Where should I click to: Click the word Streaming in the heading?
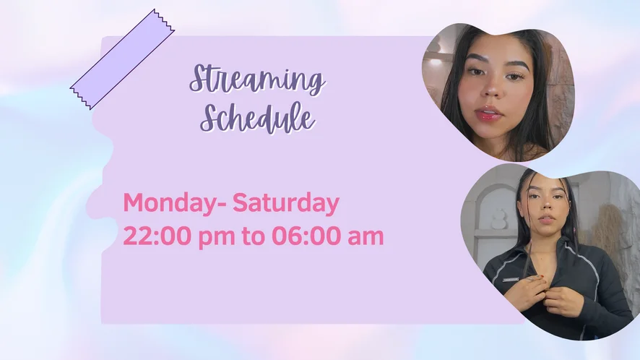point(257,80)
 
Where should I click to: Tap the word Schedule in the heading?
point(258,117)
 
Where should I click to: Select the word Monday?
point(170,204)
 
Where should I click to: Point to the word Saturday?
point(286,204)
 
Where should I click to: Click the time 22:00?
point(157,236)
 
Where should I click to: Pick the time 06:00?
point(306,236)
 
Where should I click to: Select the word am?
point(366,238)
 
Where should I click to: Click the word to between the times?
point(253,236)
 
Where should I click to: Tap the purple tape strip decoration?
point(123,59)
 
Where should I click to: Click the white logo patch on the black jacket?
point(510,280)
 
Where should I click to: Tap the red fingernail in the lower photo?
point(542,278)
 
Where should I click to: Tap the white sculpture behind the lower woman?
point(498,218)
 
